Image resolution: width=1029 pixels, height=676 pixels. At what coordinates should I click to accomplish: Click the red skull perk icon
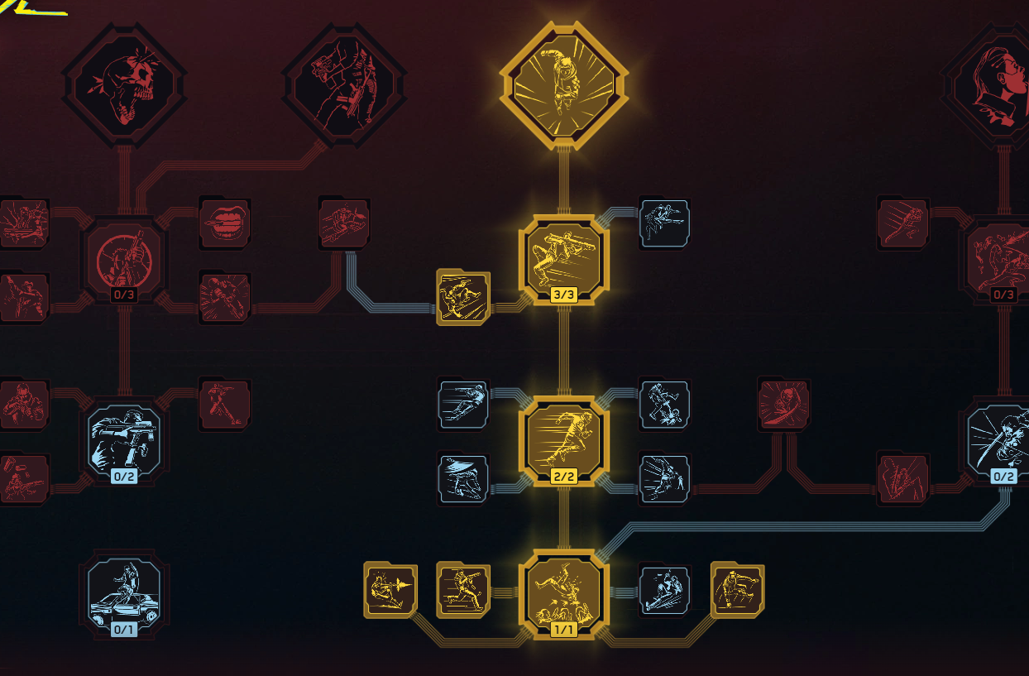[x=124, y=85]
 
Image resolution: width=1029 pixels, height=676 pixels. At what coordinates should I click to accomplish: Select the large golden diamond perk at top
[x=563, y=85]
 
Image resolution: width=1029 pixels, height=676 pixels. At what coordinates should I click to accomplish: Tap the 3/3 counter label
[x=563, y=295]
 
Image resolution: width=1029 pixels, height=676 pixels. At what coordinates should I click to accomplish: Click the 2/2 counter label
[x=563, y=476]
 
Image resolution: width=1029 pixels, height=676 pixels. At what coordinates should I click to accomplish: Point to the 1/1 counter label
[x=563, y=629]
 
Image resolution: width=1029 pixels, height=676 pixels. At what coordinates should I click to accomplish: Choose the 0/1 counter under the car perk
[x=124, y=629]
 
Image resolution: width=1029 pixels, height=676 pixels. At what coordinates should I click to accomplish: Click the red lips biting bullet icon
[x=225, y=223]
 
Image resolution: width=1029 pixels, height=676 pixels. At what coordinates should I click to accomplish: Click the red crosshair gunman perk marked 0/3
[x=124, y=260]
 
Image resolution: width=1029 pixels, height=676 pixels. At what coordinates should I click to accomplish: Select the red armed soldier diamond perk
[x=344, y=85]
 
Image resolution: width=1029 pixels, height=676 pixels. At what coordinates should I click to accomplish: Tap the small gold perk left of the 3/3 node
[x=463, y=297]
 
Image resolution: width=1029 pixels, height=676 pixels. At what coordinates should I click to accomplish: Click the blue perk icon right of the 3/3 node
[x=664, y=223]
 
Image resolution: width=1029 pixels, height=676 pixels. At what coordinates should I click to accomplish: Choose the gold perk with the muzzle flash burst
[x=390, y=590]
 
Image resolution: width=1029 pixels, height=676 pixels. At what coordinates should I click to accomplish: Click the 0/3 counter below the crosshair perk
[x=124, y=295]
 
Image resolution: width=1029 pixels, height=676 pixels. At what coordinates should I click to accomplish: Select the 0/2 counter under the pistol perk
[x=124, y=476]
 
